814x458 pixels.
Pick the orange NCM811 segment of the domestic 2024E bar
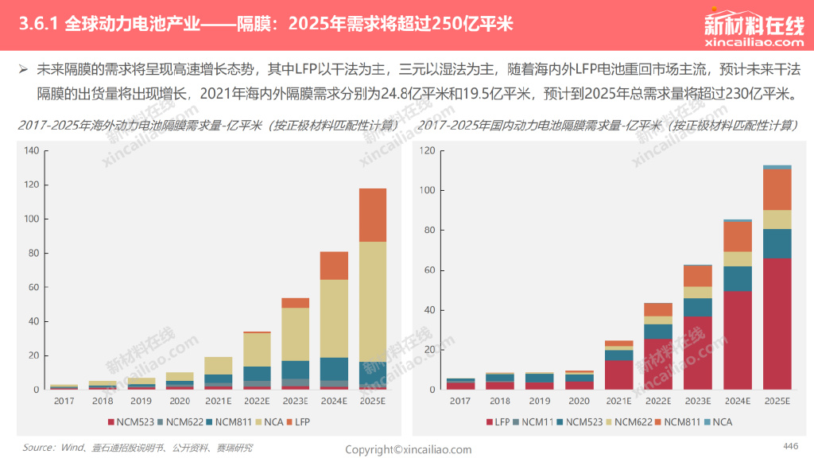pos(738,236)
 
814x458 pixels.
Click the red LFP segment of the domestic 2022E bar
pos(658,363)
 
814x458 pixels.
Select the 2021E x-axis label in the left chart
pos(219,402)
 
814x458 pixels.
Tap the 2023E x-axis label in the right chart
pos(698,402)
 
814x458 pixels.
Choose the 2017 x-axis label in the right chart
pos(460,402)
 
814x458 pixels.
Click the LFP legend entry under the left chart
pos(302,421)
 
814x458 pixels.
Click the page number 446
pos(790,445)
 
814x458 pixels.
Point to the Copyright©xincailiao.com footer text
pos(408,450)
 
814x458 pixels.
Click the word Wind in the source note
pos(72,448)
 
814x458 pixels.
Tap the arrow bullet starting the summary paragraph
pos(24,69)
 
